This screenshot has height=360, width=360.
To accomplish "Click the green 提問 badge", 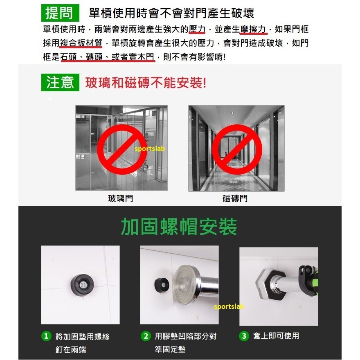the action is click(x=60, y=13).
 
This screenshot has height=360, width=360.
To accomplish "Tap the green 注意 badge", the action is click(x=60, y=82).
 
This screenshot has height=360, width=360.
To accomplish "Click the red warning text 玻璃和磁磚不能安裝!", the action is click(x=146, y=83).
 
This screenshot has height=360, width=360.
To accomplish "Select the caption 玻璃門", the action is click(x=121, y=198).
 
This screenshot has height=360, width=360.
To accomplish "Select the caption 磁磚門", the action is click(x=235, y=198).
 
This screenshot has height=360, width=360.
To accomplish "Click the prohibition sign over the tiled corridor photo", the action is click(x=214, y=149).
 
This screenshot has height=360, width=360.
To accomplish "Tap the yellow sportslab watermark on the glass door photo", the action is click(x=150, y=149).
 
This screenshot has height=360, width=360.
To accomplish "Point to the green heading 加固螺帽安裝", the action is click(x=179, y=227).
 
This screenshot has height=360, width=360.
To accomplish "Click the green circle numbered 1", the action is click(x=46, y=336).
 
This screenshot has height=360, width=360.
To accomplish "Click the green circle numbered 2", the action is click(x=146, y=336).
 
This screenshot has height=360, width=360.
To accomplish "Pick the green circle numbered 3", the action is click(x=244, y=336).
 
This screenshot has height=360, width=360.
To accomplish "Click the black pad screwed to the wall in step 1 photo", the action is click(x=82, y=285).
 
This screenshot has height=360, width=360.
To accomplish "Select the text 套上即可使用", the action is click(x=276, y=336).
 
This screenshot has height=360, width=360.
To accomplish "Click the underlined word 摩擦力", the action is click(x=253, y=29).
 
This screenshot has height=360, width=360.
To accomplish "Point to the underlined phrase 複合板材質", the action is click(x=81, y=43).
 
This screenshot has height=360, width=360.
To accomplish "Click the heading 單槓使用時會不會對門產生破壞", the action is click(x=171, y=13).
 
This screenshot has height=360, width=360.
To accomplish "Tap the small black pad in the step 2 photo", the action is click(x=162, y=285).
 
